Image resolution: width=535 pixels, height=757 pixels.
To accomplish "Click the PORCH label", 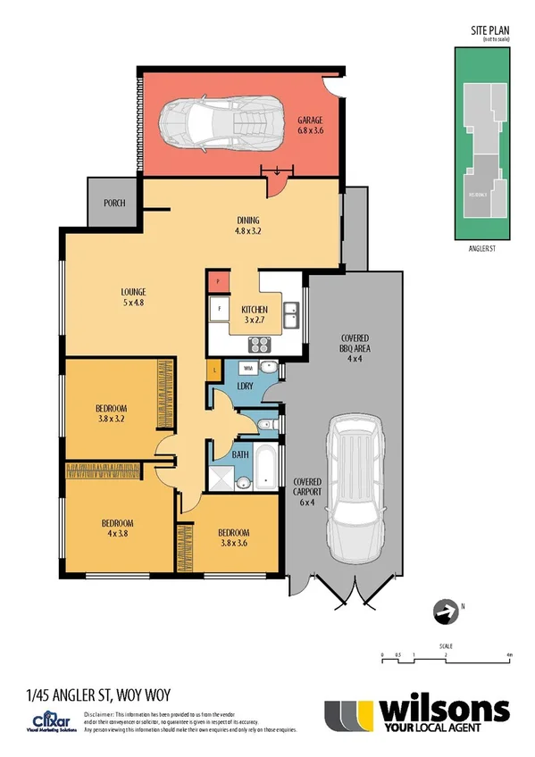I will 114,203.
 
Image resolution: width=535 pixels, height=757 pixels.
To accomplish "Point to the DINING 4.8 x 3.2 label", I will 247,225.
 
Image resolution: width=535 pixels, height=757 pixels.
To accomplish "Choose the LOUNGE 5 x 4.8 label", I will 134,296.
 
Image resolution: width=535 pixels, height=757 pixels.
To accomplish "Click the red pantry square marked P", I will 218,283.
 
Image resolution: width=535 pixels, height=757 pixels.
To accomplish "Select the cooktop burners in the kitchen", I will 260,344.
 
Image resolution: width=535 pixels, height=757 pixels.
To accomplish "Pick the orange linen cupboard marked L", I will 215,368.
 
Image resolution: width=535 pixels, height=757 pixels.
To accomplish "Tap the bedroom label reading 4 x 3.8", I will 117,528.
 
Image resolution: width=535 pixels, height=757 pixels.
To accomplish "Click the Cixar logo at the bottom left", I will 46,720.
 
